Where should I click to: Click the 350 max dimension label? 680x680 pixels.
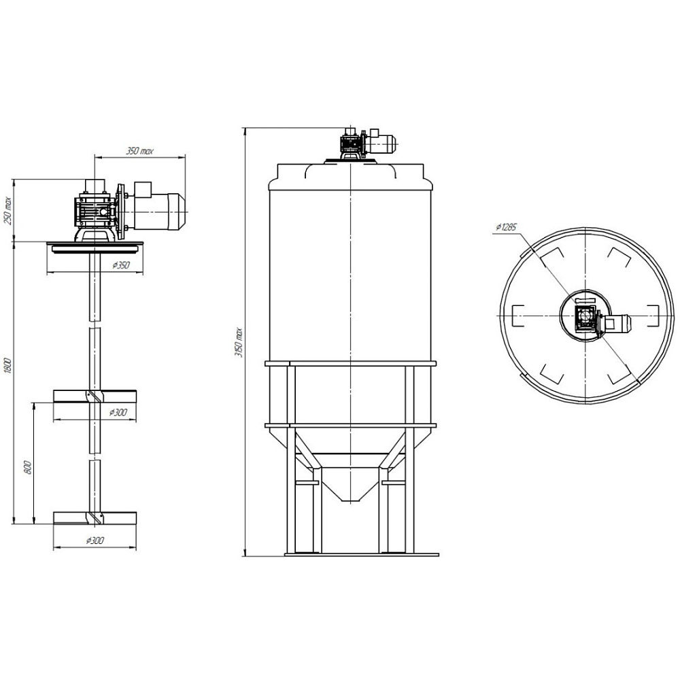coord(139,152)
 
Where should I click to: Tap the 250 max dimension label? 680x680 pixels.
coord(7,211)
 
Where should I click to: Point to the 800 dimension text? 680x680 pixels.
coord(29,468)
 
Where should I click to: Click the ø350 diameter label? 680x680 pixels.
coord(121,265)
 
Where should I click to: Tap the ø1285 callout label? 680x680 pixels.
coord(506,227)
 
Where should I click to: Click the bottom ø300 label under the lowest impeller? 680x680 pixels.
coord(95,541)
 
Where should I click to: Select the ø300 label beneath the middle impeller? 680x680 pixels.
coord(118,412)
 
